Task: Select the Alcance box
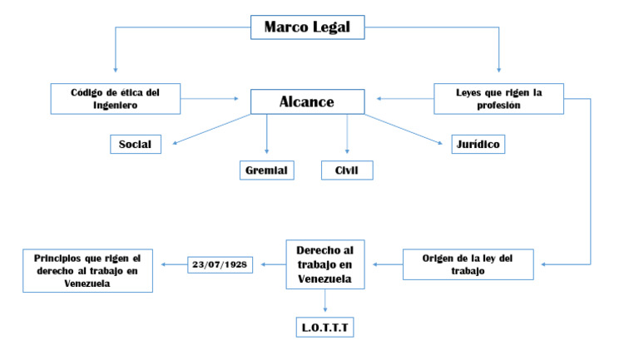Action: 307,101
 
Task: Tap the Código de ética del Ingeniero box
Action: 116,99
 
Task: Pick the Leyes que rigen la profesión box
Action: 499,99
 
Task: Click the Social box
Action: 135,144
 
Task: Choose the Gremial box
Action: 266,170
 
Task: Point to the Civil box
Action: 347,170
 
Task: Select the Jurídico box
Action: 478,144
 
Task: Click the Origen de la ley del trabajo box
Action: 468,264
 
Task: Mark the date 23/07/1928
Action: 220,264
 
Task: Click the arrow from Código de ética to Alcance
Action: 216,99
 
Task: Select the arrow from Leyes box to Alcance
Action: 404,99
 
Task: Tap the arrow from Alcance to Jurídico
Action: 404,129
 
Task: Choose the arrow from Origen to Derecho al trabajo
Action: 387,264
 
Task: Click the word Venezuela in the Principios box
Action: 88,283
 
